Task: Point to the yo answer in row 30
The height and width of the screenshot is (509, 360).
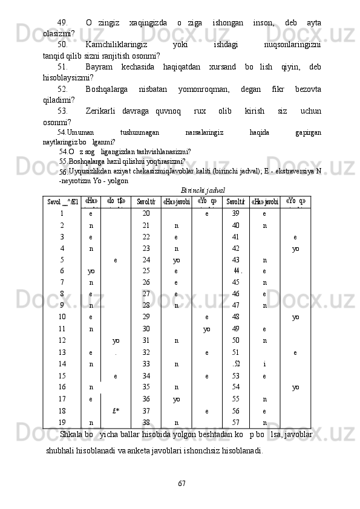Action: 207,328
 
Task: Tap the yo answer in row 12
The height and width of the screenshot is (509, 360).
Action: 116,340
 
